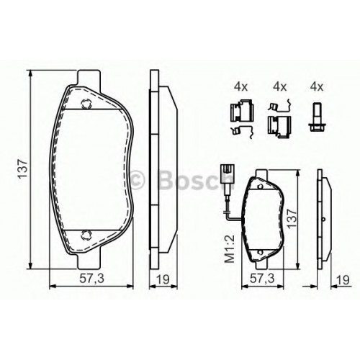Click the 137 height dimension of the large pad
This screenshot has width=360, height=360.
pos(24,168)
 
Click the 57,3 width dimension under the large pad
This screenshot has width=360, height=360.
pos(91,279)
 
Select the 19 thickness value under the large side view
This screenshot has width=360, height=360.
pos(163,279)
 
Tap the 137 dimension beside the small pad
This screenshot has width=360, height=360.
pos(292,218)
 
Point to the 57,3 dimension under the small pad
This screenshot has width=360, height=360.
pos(262,279)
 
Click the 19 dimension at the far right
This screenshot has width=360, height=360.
pos(343,279)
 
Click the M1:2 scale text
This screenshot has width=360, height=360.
pos(229,249)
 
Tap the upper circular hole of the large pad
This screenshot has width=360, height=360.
pos(86,104)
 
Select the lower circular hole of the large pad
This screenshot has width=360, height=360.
pos(86,235)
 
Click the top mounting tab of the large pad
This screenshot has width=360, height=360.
pos(89,77)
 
